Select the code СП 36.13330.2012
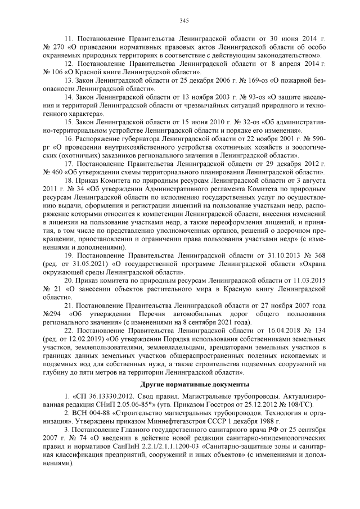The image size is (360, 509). [x=103, y=397]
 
